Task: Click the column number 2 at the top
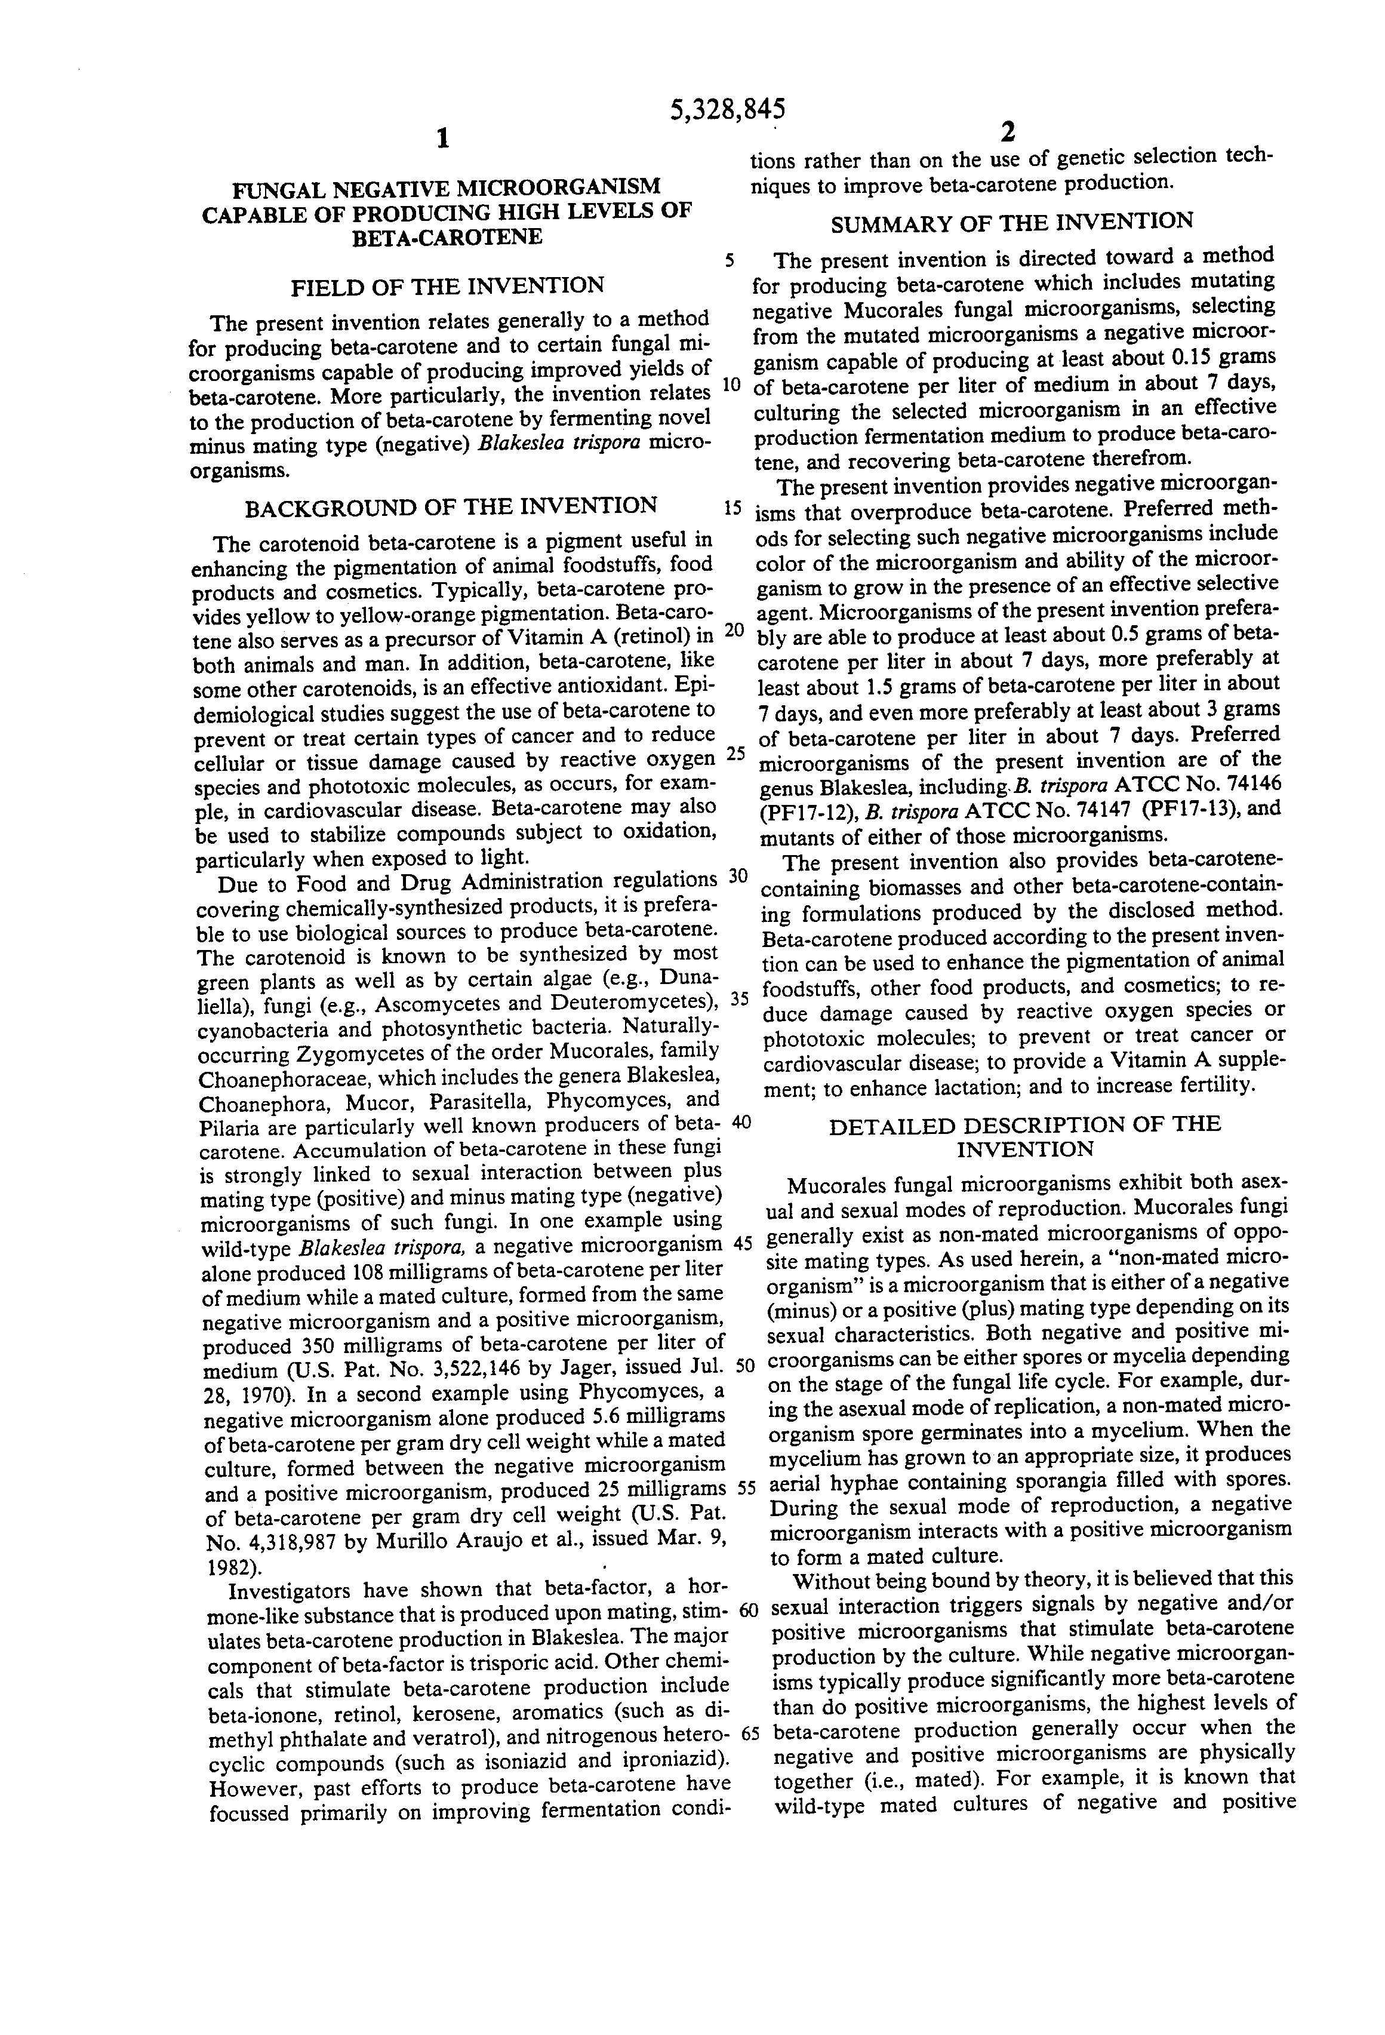(1008, 131)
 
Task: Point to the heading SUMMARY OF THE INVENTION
(1011, 222)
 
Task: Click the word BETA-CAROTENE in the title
(447, 237)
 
